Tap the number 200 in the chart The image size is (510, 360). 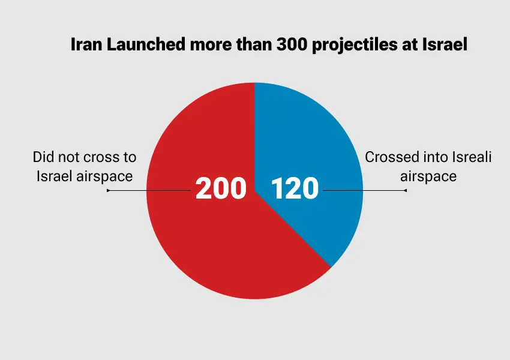pyautogui.click(x=221, y=188)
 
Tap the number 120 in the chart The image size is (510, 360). pyautogui.click(x=295, y=188)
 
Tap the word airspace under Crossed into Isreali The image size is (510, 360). pyautogui.click(x=428, y=176)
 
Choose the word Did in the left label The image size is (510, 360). pyautogui.click(x=43, y=158)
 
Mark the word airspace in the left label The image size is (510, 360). pyautogui.click(x=106, y=176)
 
